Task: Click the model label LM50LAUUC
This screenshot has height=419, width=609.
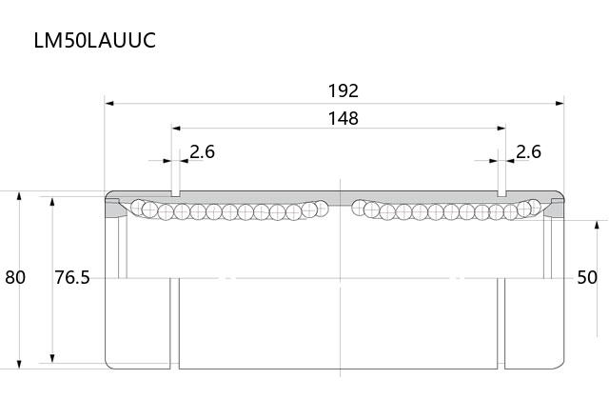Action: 95,40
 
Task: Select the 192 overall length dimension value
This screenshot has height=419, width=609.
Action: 344,91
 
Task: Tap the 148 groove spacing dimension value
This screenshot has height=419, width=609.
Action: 344,118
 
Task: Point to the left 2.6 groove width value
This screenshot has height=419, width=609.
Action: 203,151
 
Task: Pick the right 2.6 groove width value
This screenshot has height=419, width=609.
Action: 528,151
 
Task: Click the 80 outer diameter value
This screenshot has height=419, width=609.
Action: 15,277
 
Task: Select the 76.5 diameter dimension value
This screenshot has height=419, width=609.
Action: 72,277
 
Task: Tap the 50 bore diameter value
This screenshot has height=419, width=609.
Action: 587,277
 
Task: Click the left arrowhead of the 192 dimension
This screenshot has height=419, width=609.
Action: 109,104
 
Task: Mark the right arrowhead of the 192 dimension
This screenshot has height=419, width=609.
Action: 560,104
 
